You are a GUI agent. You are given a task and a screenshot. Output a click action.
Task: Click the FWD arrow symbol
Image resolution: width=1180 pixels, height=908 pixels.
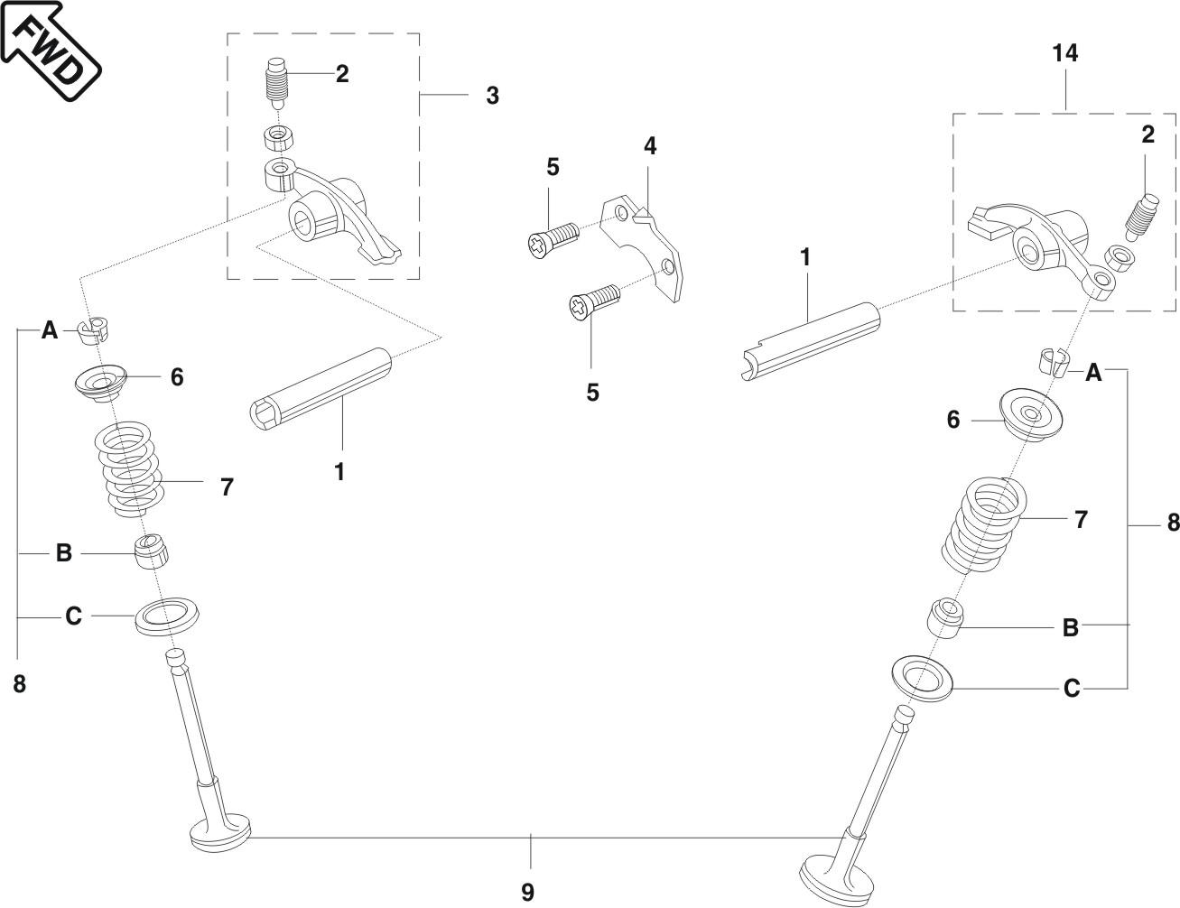point(50,51)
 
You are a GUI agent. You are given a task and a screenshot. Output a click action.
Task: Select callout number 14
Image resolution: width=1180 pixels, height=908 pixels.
point(1065,53)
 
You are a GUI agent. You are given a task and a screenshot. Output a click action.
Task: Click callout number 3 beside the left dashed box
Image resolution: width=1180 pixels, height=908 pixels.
point(492,96)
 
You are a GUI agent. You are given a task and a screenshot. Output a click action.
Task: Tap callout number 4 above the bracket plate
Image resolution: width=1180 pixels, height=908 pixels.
point(650,145)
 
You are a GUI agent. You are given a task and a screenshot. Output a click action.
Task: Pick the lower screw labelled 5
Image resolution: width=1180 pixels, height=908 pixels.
point(592,301)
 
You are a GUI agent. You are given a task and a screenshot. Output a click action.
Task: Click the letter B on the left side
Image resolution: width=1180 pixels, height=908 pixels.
point(64,552)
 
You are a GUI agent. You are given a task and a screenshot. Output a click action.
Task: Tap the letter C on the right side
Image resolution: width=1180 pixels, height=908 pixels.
point(1072,689)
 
